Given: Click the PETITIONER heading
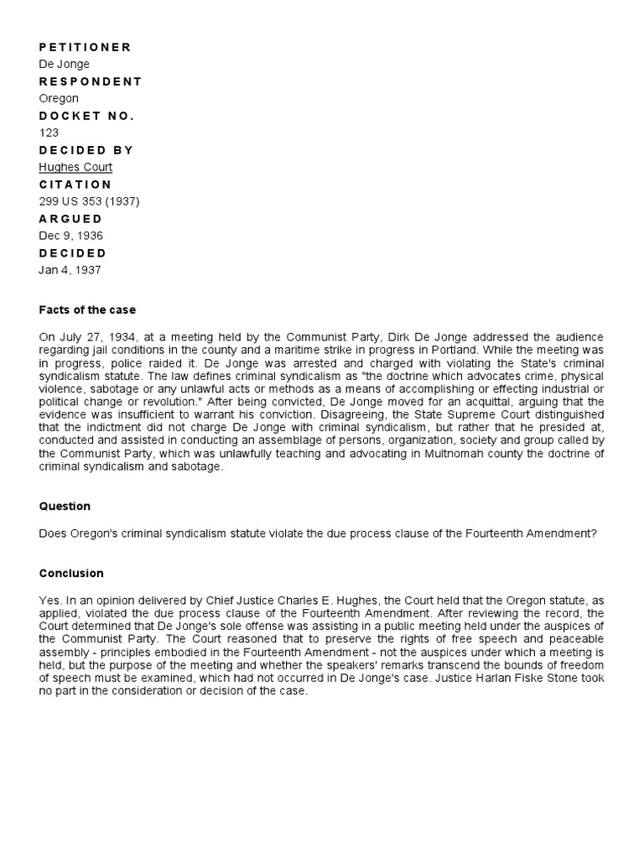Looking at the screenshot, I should (x=85, y=47).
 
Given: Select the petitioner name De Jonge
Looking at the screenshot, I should (x=64, y=64).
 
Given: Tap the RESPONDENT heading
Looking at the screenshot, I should (x=91, y=81).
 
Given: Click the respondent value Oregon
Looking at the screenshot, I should (x=59, y=98).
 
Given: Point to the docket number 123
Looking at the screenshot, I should (x=49, y=133).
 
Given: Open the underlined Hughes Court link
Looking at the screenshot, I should (x=75, y=167).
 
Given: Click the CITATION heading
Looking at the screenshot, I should (x=75, y=185).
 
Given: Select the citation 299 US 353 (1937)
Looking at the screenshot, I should (x=89, y=201).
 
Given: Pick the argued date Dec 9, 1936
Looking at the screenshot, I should (x=71, y=236).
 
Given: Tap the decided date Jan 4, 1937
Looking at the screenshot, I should (x=70, y=270).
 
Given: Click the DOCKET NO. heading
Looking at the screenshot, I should (x=86, y=116).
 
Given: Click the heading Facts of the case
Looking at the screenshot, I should (x=87, y=310).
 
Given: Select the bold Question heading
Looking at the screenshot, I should (x=65, y=507).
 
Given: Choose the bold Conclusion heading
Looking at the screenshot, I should (x=71, y=574).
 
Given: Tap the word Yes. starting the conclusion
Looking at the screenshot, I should (x=49, y=601).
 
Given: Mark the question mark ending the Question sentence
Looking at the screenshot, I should (x=594, y=534).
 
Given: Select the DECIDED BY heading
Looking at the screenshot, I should (x=86, y=150).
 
